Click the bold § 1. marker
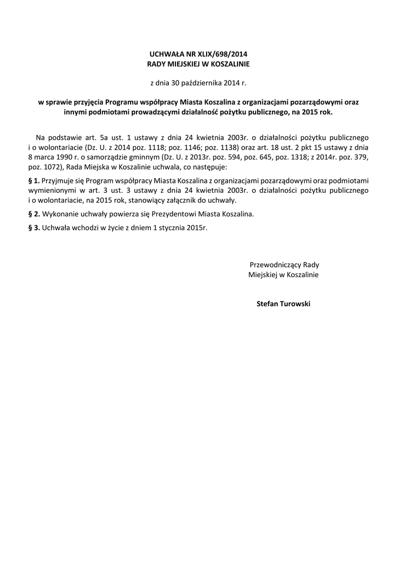(x=33, y=180)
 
